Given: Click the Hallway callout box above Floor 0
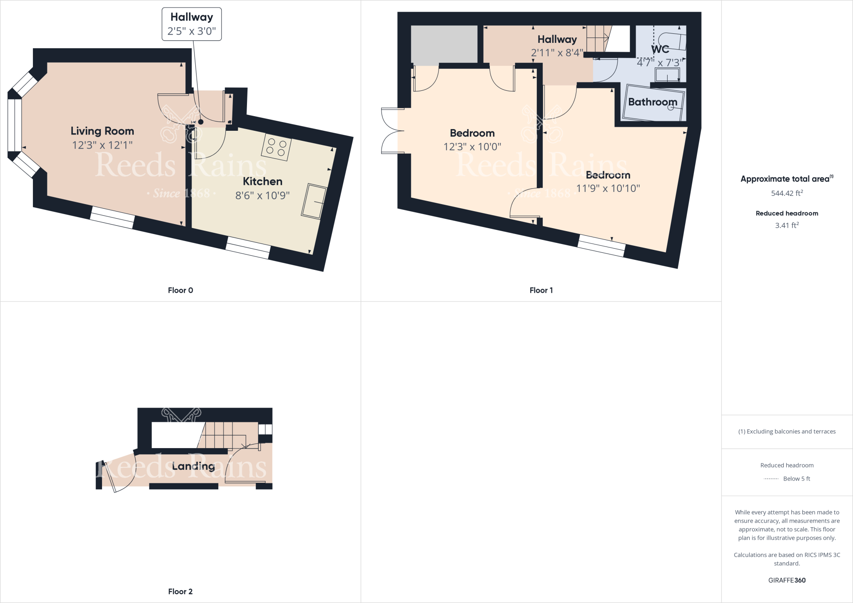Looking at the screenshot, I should pyautogui.click(x=192, y=24).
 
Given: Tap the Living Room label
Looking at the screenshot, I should pyautogui.click(x=102, y=131).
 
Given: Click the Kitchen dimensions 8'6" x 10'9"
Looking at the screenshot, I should pyautogui.click(x=262, y=195).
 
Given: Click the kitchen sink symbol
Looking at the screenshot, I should pyautogui.click(x=314, y=201).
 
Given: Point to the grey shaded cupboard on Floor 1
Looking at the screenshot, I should pyautogui.click(x=444, y=45).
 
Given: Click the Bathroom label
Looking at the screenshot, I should pyautogui.click(x=652, y=102).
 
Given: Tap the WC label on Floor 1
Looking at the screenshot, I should pyautogui.click(x=660, y=49).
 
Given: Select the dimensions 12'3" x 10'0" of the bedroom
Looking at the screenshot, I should pyautogui.click(x=472, y=147).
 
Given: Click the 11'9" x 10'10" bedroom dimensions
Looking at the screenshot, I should pyautogui.click(x=608, y=188).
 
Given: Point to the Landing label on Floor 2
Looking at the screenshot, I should pyautogui.click(x=193, y=466).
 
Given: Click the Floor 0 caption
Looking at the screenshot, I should pyautogui.click(x=180, y=290).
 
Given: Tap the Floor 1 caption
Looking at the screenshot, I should pyautogui.click(x=541, y=290).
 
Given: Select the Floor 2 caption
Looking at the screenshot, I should pyautogui.click(x=180, y=591).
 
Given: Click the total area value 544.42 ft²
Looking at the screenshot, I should pyautogui.click(x=787, y=193).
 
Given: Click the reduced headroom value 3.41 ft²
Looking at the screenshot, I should pyautogui.click(x=787, y=225).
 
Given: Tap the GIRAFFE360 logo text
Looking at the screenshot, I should pyautogui.click(x=787, y=580).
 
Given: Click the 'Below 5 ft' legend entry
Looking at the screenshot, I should pyautogui.click(x=796, y=478).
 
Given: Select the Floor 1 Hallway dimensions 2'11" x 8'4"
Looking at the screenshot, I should pyautogui.click(x=557, y=53).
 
